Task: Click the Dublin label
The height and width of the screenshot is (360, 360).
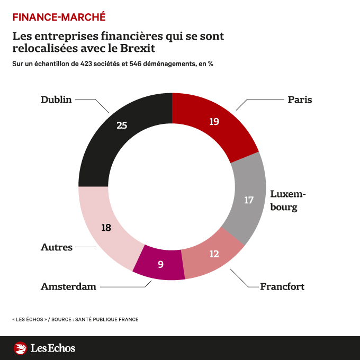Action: coord(56,100)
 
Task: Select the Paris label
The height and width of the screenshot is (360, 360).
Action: coord(300,100)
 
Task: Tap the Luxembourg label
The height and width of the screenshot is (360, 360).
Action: coord(288,200)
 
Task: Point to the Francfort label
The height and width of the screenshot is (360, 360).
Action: coord(282,286)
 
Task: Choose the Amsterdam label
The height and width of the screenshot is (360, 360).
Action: coord(68,286)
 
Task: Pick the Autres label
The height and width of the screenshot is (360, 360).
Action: coord(57,247)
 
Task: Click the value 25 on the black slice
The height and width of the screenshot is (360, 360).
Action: coord(122,125)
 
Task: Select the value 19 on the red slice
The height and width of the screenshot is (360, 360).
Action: coord(214,121)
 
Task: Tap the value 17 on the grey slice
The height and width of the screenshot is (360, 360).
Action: coord(249,200)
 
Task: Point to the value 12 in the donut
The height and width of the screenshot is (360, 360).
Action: coord(214,254)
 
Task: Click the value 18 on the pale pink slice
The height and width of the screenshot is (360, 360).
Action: coord(106,228)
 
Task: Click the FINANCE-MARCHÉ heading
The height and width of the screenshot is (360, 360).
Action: coord(59,17)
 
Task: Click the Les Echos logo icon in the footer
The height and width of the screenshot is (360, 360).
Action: coord(20,348)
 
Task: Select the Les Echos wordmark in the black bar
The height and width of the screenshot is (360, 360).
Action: coord(53,348)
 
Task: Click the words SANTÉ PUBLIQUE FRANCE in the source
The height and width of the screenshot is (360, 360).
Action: coord(108,319)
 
